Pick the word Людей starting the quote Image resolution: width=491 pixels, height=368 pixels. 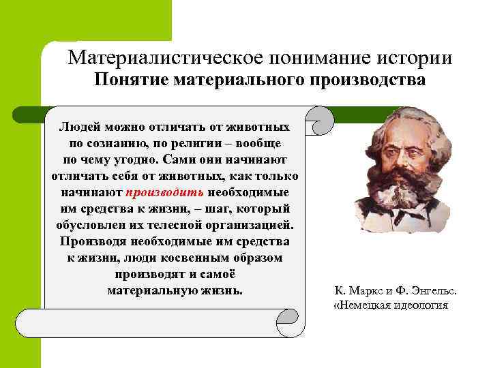[78, 127]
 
